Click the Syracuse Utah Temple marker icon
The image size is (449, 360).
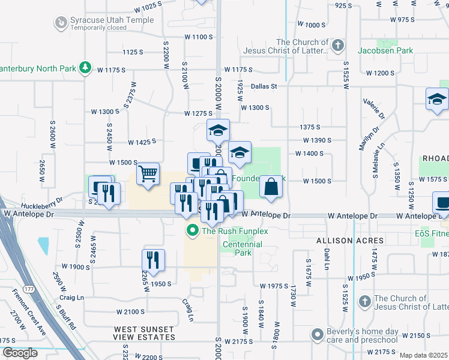[61, 23]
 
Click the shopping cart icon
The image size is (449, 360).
[148, 174]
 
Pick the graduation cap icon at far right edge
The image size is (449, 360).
[437, 100]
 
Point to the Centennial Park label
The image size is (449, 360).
[243, 248]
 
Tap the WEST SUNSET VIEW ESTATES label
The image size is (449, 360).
[145, 333]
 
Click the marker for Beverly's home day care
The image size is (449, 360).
[318, 333]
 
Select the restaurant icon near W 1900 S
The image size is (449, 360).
[153, 260]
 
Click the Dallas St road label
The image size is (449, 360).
[264, 86]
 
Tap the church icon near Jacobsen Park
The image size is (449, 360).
[338, 45]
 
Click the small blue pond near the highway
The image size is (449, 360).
[43, 246]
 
